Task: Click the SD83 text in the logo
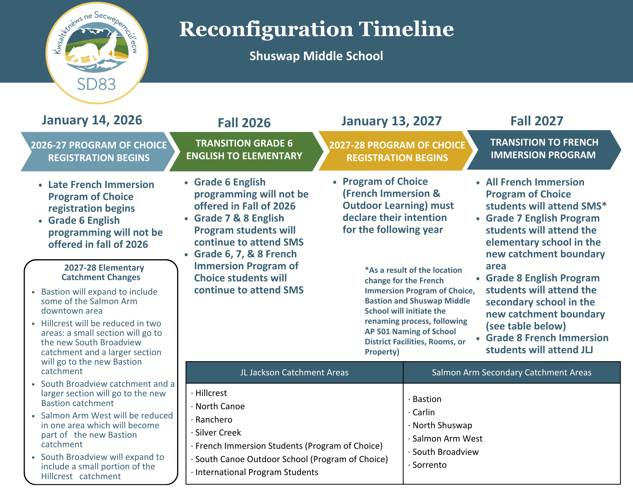(x=96, y=85)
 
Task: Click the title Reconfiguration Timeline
(x=316, y=29)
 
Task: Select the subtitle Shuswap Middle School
(x=316, y=56)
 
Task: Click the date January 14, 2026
(x=92, y=120)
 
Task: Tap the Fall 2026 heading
(x=244, y=123)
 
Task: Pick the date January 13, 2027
(x=391, y=121)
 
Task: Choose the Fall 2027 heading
(x=537, y=121)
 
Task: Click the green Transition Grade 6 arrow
(x=244, y=151)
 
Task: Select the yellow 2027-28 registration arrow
(x=397, y=151)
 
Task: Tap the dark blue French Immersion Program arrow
(x=544, y=149)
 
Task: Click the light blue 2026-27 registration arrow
(x=98, y=152)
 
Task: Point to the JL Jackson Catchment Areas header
(x=294, y=373)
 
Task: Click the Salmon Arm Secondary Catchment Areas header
(x=511, y=373)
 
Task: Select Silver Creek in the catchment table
(x=218, y=433)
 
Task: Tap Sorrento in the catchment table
(x=429, y=465)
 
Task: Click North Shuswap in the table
(x=442, y=425)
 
